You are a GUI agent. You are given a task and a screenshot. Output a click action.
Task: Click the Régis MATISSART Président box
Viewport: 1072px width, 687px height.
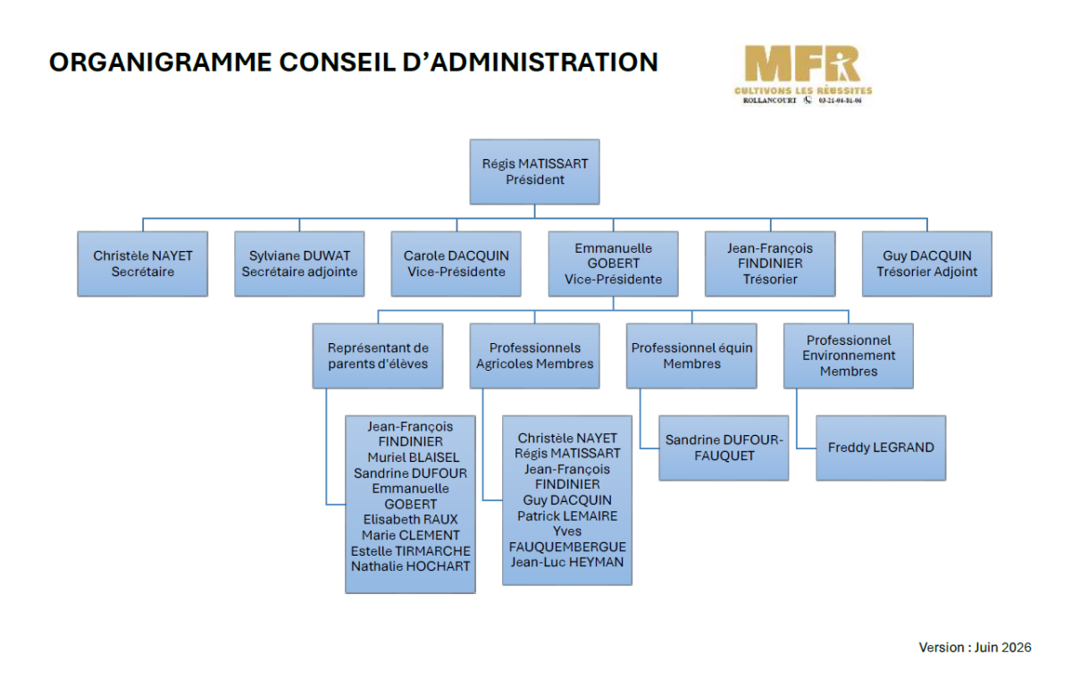click(534, 172)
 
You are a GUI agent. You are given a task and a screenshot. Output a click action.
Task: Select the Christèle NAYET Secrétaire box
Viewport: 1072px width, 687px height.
click(143, 264)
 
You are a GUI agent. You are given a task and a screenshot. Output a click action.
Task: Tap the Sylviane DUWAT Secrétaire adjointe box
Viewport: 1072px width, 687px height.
click(299, 264)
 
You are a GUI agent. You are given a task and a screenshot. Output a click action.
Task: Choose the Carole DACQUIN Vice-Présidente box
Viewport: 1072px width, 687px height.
click(456, 264)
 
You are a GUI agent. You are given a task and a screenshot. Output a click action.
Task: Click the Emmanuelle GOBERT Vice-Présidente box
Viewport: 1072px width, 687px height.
click(613, 264)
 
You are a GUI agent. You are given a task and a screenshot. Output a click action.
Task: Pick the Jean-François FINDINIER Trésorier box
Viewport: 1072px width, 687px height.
click(770, 264)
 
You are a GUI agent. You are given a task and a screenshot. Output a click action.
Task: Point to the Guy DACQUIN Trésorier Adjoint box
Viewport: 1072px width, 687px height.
click(927, 264)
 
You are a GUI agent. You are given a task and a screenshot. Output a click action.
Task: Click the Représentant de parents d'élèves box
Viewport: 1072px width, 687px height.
click(378, 356)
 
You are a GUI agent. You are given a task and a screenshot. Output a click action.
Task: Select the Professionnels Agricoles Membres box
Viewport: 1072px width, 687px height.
click(534, 356)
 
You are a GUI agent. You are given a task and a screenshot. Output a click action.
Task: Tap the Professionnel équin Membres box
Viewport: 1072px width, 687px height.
click(691, 356)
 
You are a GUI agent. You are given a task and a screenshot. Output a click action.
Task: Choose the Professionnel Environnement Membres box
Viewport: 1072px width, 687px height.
click(849, 356)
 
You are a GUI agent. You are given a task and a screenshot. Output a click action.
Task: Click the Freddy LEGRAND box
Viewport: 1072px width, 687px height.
click(881, 448)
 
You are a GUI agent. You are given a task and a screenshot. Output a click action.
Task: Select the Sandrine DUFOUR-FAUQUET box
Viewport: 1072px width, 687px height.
click(724, 448)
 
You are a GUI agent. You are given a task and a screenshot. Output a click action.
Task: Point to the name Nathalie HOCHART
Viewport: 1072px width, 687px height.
click(411, 566)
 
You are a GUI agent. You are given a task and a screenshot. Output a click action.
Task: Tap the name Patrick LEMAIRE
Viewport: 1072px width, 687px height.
click(567, 516)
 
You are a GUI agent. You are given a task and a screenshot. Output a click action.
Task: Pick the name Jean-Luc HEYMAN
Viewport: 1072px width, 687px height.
click(567, 562)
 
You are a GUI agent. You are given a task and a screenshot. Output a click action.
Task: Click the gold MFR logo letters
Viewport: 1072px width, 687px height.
click(802, 64)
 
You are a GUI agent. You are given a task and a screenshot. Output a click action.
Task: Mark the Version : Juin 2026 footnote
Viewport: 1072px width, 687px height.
click(975, 648)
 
